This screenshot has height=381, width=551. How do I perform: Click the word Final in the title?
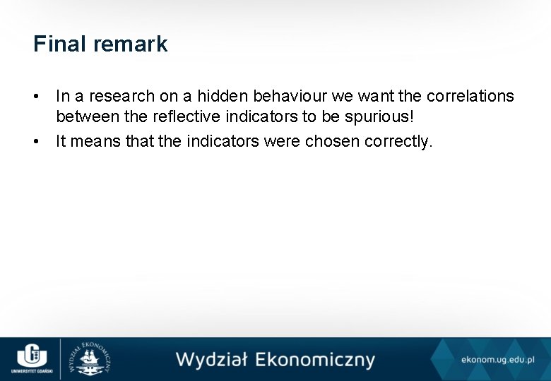55,44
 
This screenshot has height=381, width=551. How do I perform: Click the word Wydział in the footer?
211,360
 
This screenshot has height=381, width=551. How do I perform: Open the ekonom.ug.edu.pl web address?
497,360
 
